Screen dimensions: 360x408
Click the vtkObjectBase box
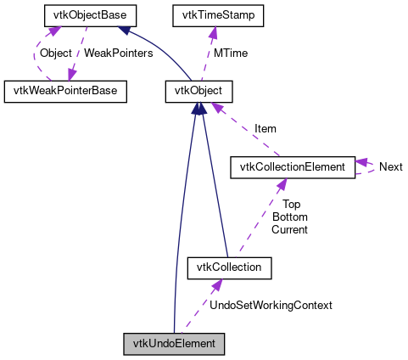click(x=75, y=15)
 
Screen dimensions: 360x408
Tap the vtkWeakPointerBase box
click(x=65, y=91)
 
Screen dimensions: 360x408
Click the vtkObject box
click(x=198, y=91)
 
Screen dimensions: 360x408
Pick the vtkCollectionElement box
click(x=292, y=167)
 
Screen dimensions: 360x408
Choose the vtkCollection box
click(x=229, y=268)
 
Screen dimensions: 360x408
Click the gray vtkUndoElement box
click(x=174, y=344)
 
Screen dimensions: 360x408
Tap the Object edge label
click(x=56, y=53)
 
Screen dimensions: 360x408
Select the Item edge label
click(x=265, y=129)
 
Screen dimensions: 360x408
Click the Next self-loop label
click(x=390, y=167)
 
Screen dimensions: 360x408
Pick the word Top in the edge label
click(x=291, y=204)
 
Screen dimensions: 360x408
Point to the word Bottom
click(x=290, y=217)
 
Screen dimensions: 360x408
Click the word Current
click(x=290, y=229)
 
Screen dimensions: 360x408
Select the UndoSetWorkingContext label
click(x=271, y=305)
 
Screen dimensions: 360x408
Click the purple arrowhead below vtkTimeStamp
click(x=213, y=31)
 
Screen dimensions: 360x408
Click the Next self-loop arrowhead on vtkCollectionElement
click(x=360, y=161)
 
